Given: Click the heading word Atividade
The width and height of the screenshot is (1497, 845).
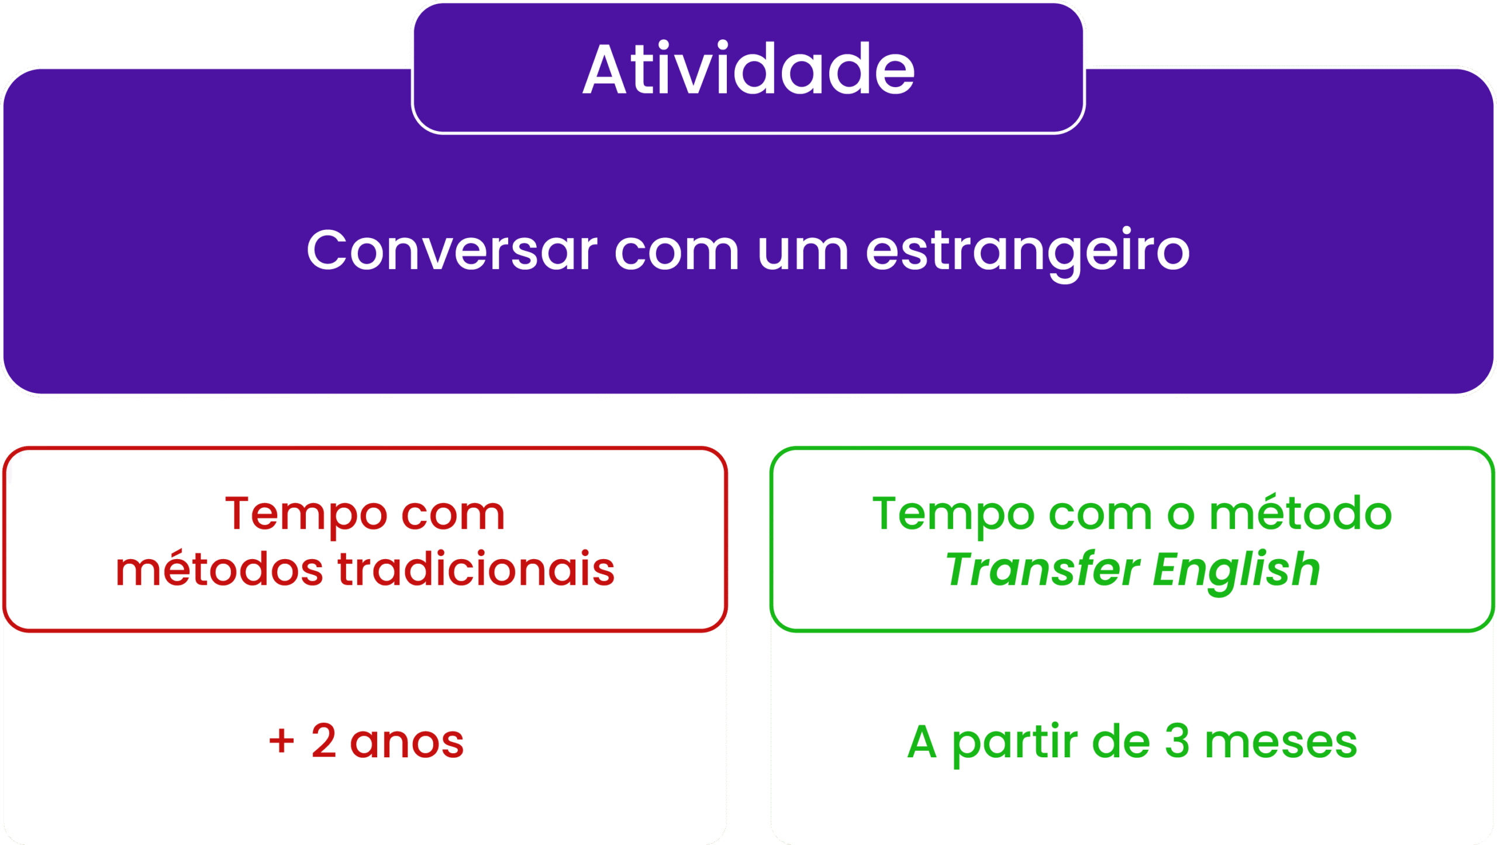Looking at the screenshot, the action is coord(748,68).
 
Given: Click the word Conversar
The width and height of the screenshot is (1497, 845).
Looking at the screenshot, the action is coord(452,250).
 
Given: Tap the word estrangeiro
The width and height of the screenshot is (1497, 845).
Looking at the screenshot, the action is coord(1027,253).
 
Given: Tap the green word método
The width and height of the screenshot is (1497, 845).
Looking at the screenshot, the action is coord(1301,512).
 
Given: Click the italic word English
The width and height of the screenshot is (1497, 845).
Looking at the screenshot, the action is coord(1237,571).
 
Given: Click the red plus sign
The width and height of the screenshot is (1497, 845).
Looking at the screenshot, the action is coord(281,741).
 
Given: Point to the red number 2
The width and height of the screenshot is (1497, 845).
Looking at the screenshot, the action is coord(324,740).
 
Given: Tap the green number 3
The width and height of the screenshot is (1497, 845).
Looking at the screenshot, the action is coord(1177,740).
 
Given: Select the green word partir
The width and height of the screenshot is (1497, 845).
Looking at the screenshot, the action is coord(1015,744).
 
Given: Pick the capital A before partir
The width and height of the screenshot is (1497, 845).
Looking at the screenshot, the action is coord(922,741).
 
